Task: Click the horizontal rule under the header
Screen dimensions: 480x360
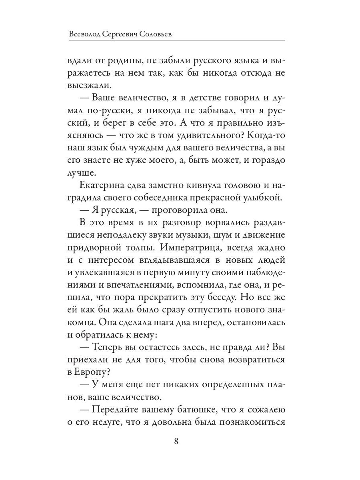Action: (176, 40)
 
